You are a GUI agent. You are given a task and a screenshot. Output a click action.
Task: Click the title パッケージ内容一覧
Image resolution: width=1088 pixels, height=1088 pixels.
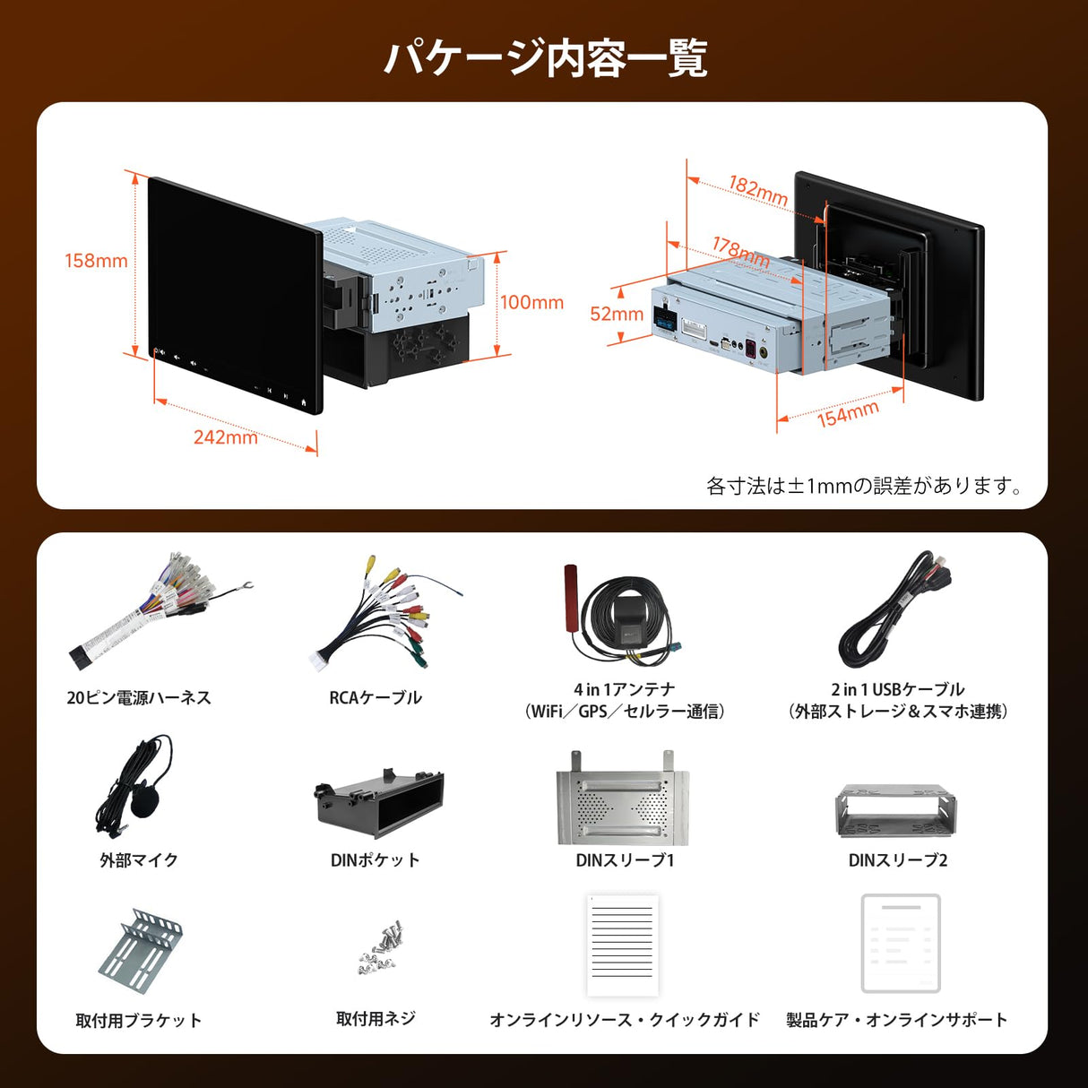pyautogui.click(x=544, y=58)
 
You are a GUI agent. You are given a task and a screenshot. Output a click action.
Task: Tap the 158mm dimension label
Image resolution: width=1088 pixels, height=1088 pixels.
pyautogui.click(x=96, y=261)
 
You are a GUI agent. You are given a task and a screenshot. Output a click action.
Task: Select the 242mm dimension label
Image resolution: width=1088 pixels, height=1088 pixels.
pyautogui.click(x=225, y=437)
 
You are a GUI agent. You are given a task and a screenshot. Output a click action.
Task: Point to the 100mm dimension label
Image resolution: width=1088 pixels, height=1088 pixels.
pyautogui.click(x=531, y=303)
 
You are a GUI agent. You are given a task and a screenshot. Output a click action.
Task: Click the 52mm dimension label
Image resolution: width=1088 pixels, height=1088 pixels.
pyautogui.click(x=616, y=314)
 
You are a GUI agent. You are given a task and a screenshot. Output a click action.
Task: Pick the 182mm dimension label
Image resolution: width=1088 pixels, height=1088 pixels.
pyautogui.click(x=758, y=190)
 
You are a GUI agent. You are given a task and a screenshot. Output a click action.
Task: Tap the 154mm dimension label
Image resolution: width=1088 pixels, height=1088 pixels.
pyautogui.click(x=848, y=413)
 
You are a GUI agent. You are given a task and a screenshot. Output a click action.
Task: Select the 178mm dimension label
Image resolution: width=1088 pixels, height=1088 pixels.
pyautogui.click(x=741, y=251)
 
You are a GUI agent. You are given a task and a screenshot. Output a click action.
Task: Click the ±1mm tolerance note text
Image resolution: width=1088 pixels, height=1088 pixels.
pyautogui.click(x=864, y=486)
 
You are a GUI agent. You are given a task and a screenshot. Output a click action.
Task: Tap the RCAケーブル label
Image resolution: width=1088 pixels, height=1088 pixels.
pyautogui.click(x=375, y=697)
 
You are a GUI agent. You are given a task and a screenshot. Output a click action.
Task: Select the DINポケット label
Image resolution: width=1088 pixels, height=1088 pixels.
pyautogui.click(x=375, y=859)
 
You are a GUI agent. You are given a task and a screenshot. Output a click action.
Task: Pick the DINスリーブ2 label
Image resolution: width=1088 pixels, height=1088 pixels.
pyautogui.click(x=897, y=859)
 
